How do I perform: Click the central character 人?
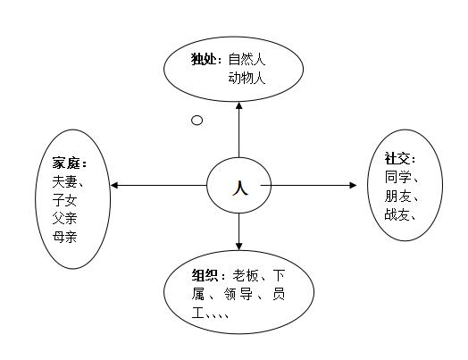pos(240,188)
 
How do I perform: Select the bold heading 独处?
pos(204,59)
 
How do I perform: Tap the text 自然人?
pos(247,59)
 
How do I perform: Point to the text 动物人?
pos(247,79)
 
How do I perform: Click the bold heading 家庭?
pos(66,163)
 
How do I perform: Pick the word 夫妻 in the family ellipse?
pos(65,181)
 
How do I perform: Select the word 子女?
pos(65,200)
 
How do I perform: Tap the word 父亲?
pos(65,218)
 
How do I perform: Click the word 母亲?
pos(65,237)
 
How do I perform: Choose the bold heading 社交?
pos(397,158)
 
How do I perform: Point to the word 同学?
pos(397,177)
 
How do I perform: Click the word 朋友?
pos(397,196)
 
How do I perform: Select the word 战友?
pos(397,214)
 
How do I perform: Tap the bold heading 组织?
pos(205,275)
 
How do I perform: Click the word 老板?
pos(246,275)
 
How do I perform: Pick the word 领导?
pos(238,294)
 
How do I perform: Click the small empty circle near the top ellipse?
pos(196,121)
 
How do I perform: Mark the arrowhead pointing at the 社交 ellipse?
pos(353,186)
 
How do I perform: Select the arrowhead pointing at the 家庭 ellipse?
pos(114,186)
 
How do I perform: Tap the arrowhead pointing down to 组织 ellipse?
pos(238,246)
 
